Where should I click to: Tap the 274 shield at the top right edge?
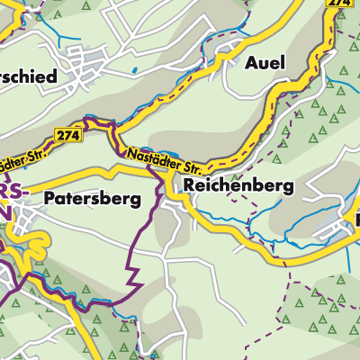point(338,4)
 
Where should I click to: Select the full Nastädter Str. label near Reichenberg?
point(162,160)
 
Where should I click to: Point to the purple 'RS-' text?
point(15,191)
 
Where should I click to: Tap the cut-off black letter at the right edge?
point(356,219)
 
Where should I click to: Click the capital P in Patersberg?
point(50,199)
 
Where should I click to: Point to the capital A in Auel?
point(251,62)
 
